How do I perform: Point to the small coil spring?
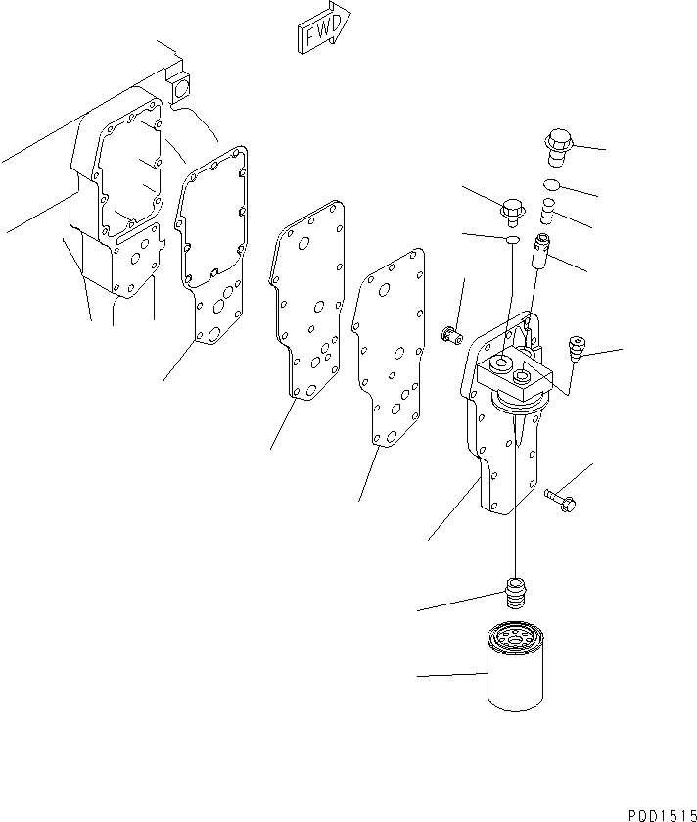[548, 209]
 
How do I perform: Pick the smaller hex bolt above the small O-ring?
[511, 209]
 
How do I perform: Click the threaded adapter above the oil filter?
[515, 591]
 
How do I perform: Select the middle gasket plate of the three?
[308, 304]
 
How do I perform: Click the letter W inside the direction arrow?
[322, 35]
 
